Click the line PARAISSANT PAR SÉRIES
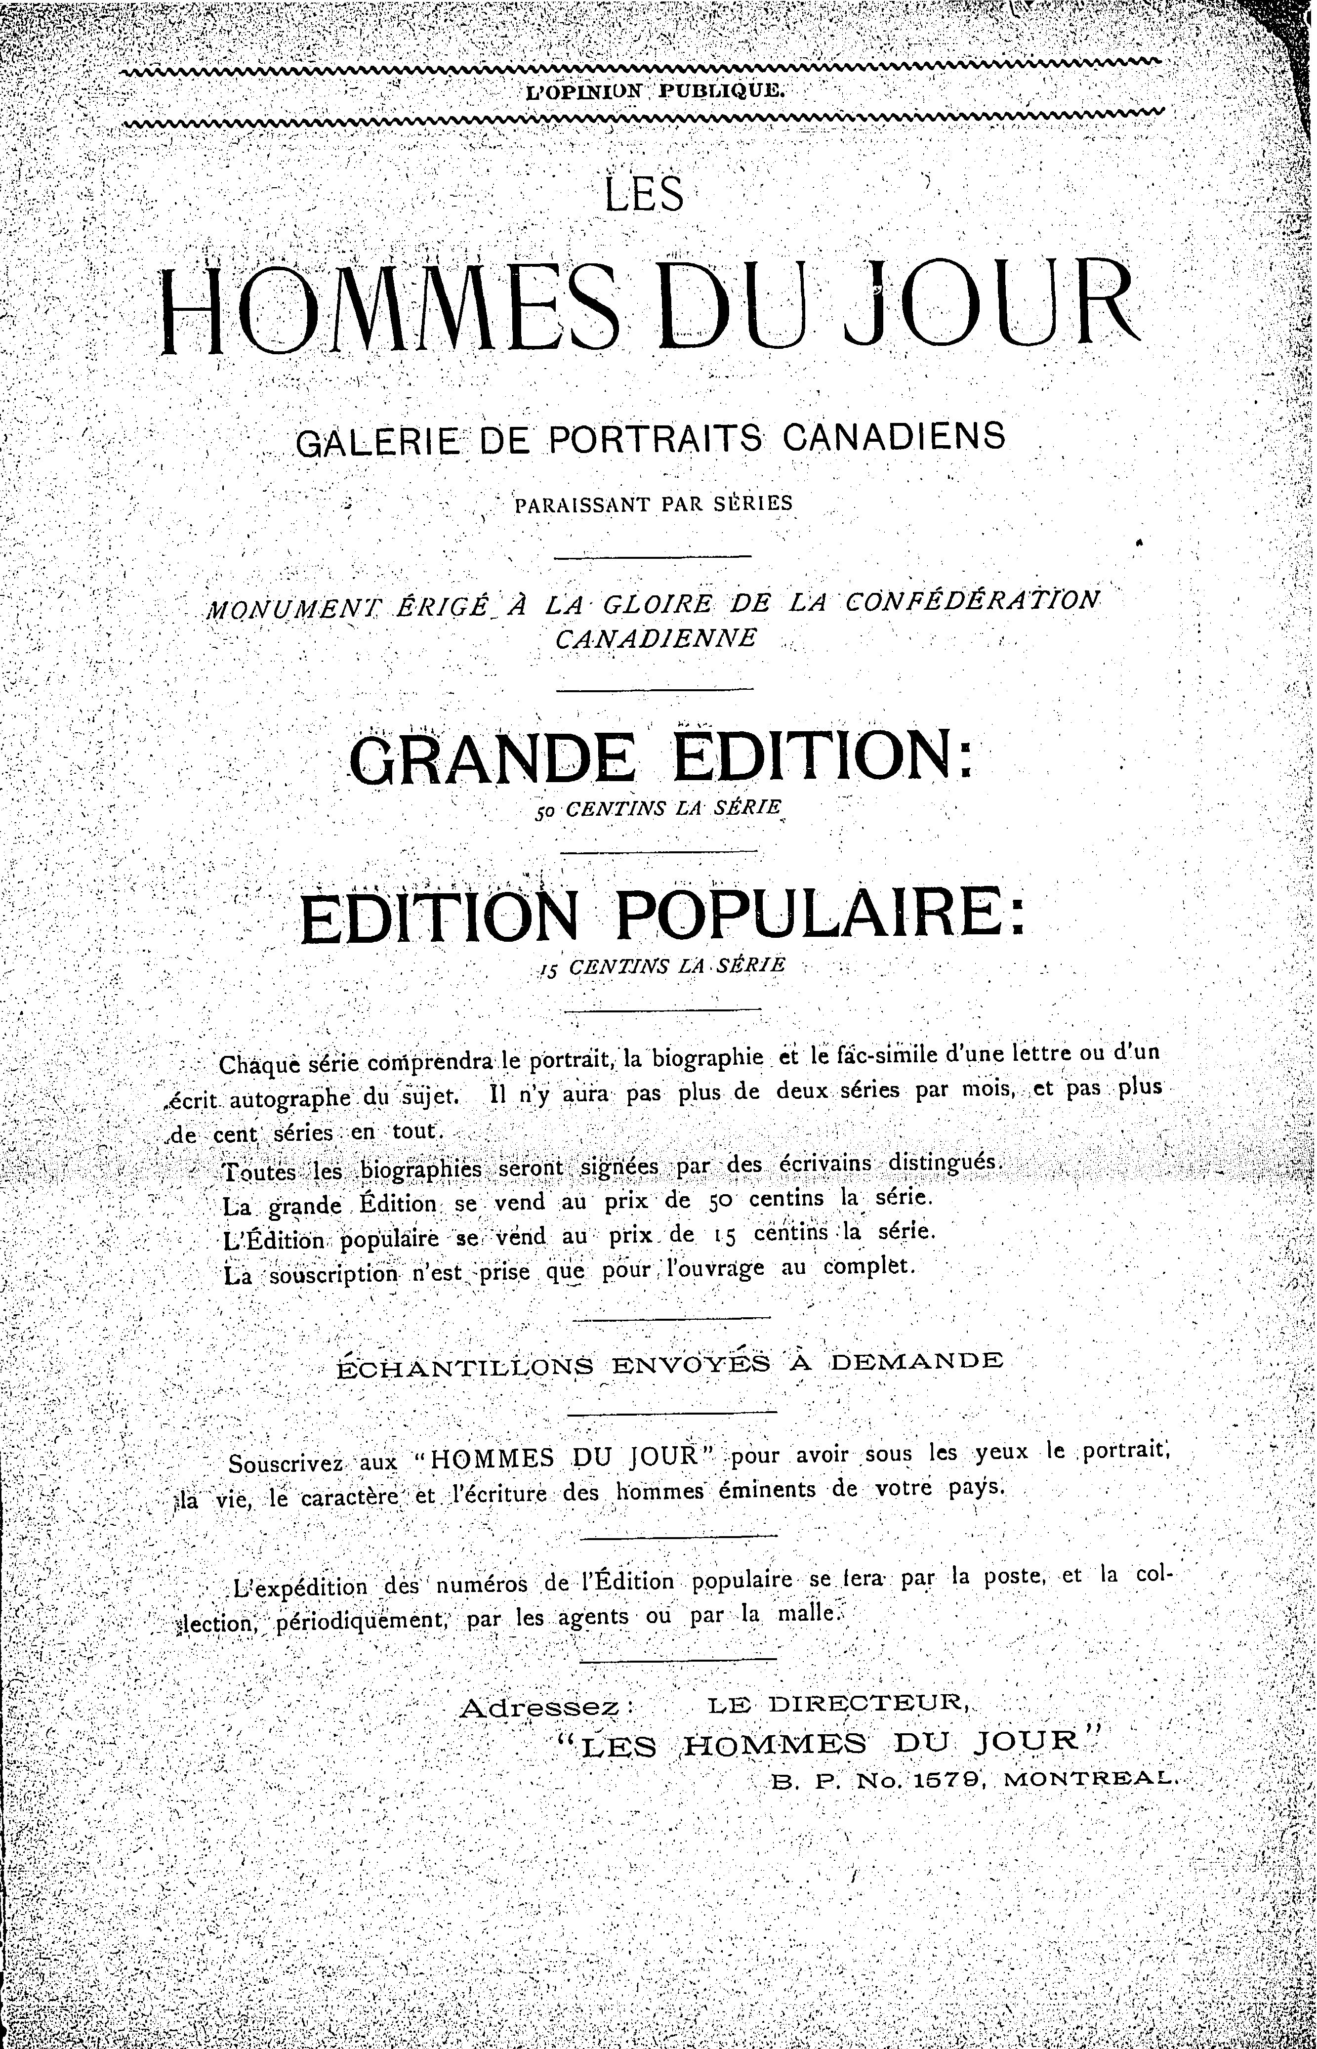(654, 503)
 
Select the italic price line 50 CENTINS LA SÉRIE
(658, 808)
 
